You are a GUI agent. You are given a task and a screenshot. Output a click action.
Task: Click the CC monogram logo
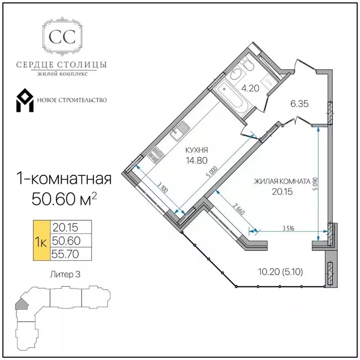point(62,36)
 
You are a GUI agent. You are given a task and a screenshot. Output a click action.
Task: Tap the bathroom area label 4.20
point(250,88)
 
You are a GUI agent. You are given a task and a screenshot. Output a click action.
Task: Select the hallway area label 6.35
point(300,104)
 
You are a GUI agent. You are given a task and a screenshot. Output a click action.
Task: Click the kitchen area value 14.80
point(197,160)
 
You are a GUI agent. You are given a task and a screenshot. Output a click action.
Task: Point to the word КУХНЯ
point(196,150)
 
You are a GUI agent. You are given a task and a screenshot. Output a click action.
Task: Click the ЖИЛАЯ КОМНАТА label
point(282,181)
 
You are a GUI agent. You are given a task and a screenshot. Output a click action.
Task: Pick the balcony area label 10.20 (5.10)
point(281,272)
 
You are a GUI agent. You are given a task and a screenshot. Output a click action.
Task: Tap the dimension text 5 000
point(212,172)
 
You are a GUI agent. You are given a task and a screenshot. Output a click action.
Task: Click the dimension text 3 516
point(288,228)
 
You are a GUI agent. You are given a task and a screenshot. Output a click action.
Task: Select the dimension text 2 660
point(239,209)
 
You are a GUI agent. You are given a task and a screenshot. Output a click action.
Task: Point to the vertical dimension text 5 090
point(315,184)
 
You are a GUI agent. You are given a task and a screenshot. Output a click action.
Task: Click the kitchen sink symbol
point(180,131)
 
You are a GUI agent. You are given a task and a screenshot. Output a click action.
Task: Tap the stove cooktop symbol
point(156,154)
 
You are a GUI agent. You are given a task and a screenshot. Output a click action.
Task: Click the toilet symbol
point(247,65)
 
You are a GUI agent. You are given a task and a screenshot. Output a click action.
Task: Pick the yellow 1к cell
point(42,240)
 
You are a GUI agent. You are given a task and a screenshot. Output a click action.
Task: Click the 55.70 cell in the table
point(65,254)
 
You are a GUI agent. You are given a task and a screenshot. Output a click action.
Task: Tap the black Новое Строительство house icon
point(25,100)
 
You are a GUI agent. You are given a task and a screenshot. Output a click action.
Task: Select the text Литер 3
point(65,275)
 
